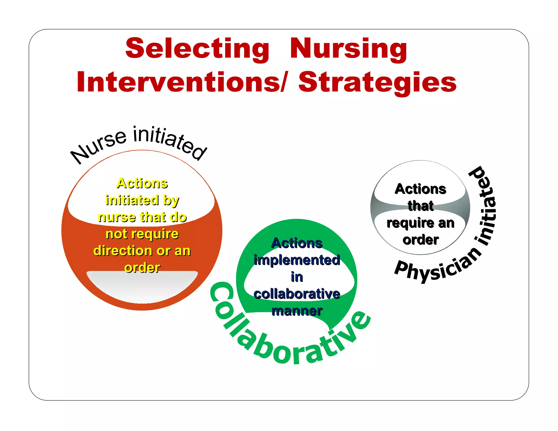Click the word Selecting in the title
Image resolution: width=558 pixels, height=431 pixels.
tap(197, 49)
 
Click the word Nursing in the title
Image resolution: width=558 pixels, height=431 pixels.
tap(348, 49)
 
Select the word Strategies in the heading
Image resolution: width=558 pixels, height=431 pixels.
tap(377, 82)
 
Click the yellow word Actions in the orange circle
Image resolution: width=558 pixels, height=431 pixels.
tap(142, 183)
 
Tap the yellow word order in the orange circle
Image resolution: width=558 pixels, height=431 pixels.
tap(142, 268)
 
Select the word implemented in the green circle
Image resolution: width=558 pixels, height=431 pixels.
tap(297, 260)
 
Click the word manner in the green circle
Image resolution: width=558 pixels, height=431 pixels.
tap(297, 311)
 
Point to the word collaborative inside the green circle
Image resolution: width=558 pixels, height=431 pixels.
tap(297, 294)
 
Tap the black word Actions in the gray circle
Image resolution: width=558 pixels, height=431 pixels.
tap(420, 189)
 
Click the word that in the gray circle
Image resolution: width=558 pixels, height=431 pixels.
tap(420, 206)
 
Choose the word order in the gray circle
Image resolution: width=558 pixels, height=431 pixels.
tap(420, 240)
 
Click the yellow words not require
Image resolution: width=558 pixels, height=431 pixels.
tap(142, 234)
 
